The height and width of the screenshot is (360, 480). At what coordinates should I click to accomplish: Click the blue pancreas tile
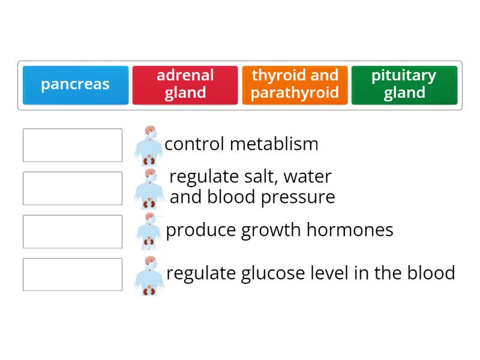click(x=76, y=85)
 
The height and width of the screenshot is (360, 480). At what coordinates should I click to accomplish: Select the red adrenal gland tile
click(x=185, y=85)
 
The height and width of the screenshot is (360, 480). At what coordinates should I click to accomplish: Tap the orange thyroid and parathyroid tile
click(x=295, y=85)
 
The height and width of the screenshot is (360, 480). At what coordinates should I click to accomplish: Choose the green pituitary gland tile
click(x=404, y=85)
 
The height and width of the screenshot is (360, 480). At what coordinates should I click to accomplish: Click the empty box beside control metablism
click(x=73, y=145)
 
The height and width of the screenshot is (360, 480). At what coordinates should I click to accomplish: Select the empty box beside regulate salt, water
click(x=73, y=188)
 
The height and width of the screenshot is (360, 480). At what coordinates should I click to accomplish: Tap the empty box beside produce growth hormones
click(x=73, y=232)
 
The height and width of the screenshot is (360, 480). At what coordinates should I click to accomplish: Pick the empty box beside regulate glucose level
click(x=73, y=275)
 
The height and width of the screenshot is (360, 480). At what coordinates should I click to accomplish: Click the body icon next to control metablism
click(x=149, y=146)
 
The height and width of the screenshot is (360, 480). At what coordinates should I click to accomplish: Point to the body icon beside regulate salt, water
click(x=149, y=188)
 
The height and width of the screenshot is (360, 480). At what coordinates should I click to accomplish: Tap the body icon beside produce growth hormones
click(x=149, y=232)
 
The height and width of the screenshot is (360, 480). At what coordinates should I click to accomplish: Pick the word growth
click(x=275, y=230)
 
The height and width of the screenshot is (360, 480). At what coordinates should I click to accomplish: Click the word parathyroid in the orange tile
click(x=295, y=93)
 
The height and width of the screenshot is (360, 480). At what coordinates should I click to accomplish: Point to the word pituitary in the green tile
click(x=404, y=76)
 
